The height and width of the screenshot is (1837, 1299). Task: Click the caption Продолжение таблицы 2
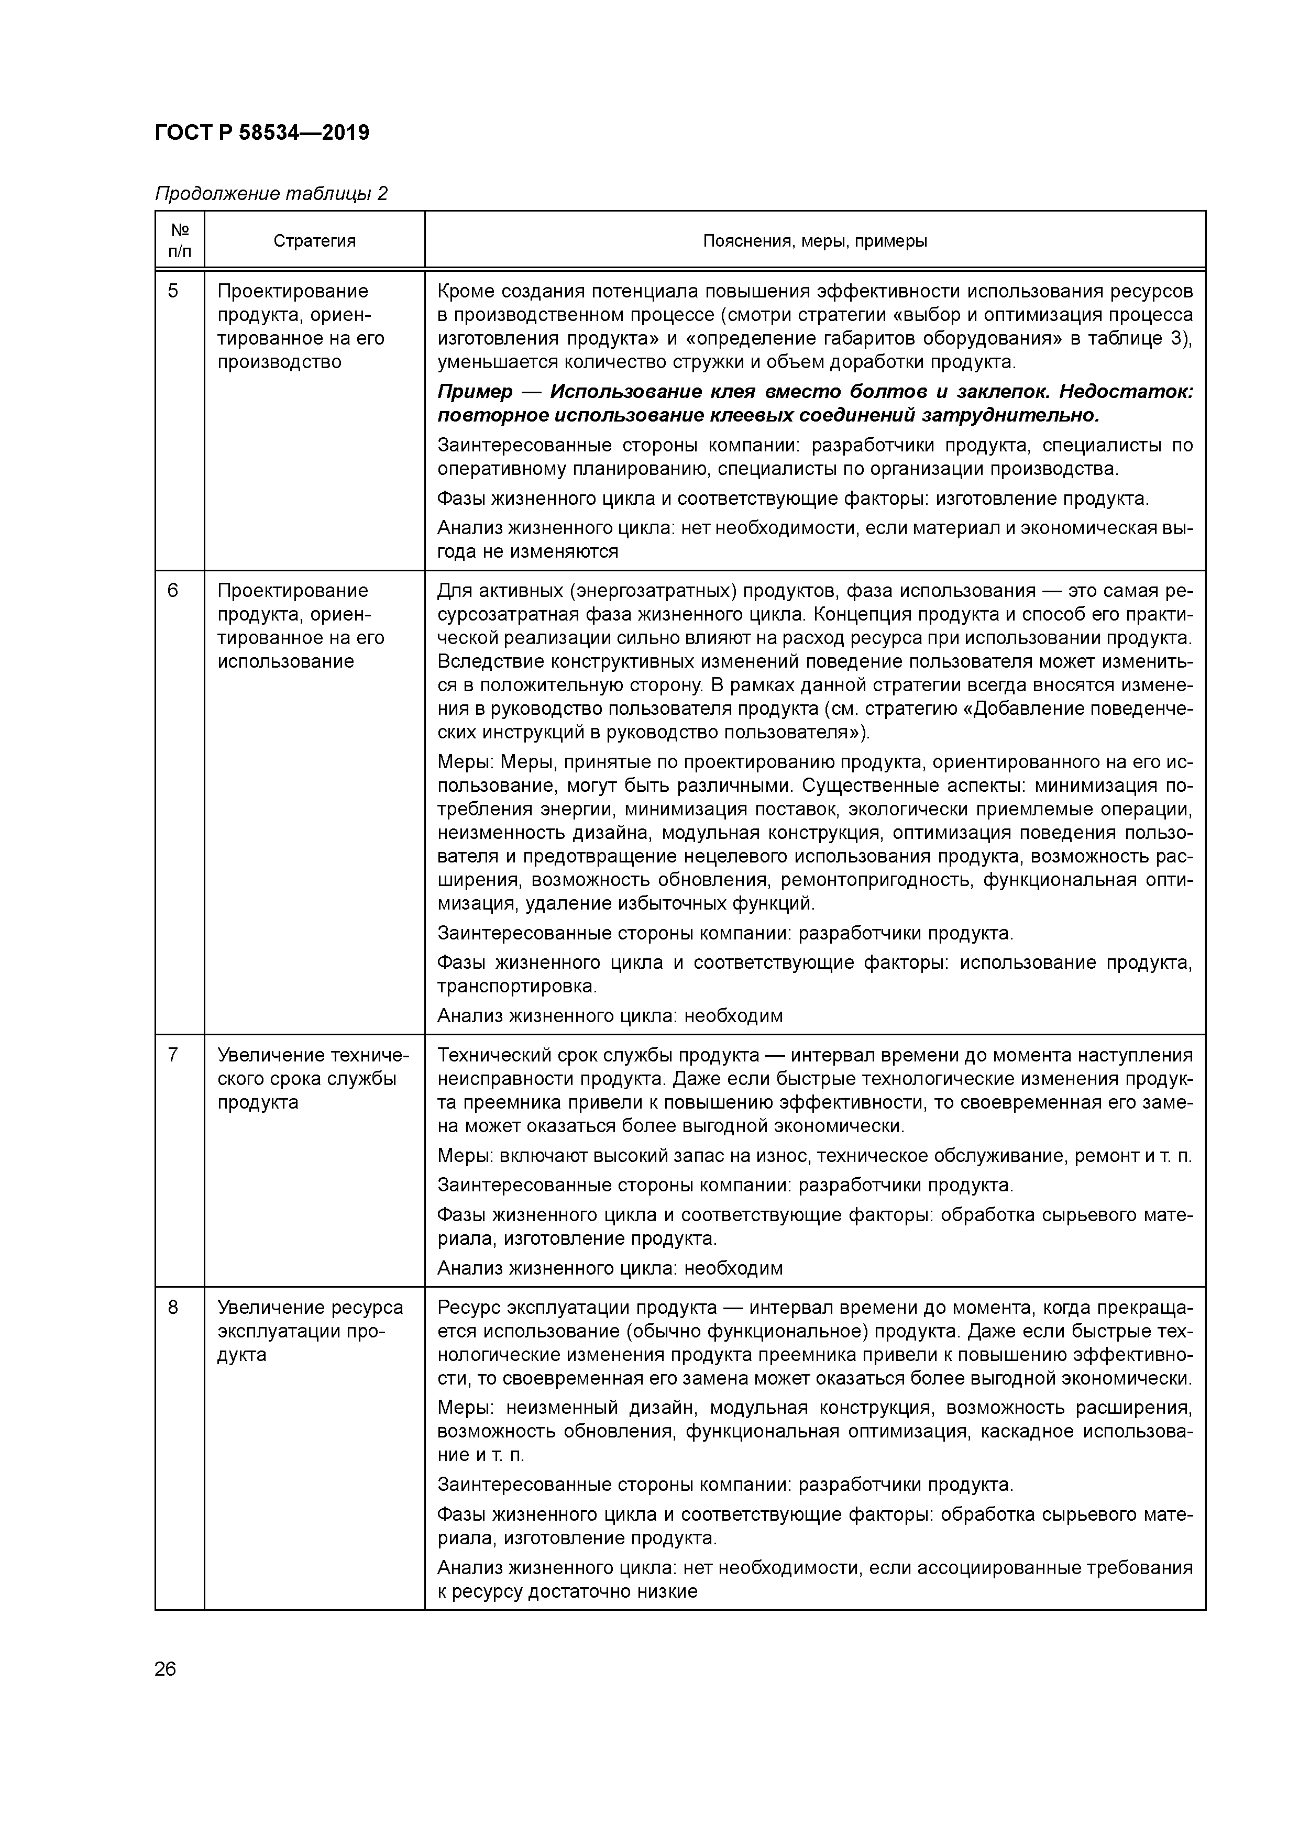tap(270, 194)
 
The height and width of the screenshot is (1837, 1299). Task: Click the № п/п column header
tap(179, 241)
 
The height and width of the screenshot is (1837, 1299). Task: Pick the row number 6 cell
tap(173, 591)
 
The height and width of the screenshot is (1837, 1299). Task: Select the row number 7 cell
tap(173, 1055)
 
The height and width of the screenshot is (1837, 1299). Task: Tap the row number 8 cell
tap(173, 1308)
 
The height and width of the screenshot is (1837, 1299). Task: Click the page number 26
tap(165, 1669)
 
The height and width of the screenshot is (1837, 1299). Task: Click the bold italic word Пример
tap(475, 392)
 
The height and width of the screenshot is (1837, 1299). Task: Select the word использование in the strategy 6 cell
tap(286, 662)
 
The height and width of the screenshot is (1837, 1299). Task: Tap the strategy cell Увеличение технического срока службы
tap(312, 1079)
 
